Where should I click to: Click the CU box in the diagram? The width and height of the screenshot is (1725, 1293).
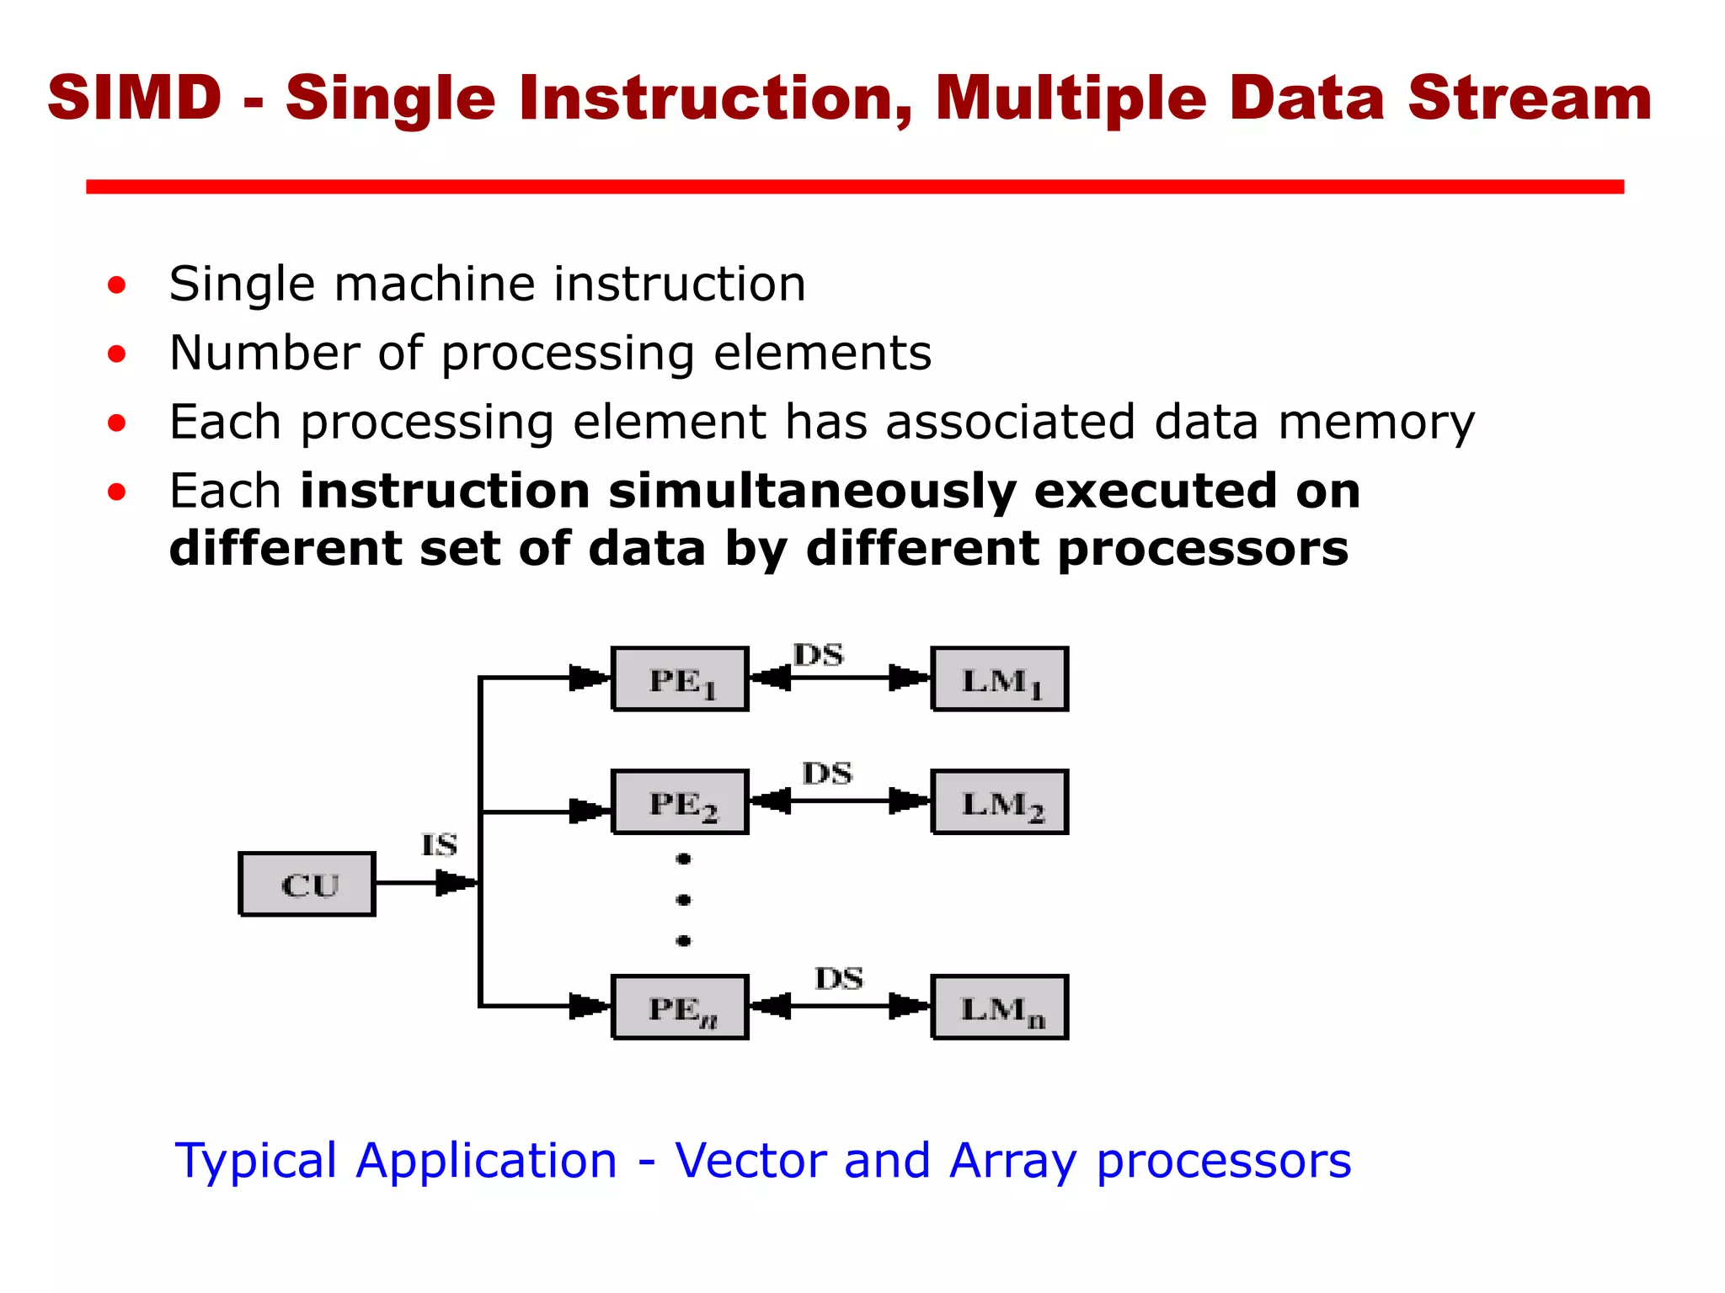307,884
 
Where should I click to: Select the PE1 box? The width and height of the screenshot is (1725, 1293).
680,679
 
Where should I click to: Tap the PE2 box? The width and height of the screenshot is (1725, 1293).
680,802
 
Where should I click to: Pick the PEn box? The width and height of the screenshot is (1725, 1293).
680,1008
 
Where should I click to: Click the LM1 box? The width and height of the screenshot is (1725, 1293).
1000,679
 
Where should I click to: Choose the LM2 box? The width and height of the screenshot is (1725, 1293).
1000,802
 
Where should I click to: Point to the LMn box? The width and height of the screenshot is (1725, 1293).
1000,1008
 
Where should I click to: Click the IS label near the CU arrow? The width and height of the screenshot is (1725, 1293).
439,844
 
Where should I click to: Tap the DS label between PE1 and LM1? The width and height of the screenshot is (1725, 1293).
818,654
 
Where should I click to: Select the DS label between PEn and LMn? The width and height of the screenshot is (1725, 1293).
838,978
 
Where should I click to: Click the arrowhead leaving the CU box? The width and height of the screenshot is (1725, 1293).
456,883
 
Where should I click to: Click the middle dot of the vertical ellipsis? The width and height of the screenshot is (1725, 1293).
683,900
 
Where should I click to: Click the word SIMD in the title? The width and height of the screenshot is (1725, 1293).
135,98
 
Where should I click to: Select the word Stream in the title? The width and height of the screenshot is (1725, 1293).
1529,98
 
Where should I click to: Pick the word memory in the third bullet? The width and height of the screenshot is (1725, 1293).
1376,422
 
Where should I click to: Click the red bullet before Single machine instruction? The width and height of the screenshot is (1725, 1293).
117,285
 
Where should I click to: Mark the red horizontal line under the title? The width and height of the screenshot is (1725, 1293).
854,187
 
